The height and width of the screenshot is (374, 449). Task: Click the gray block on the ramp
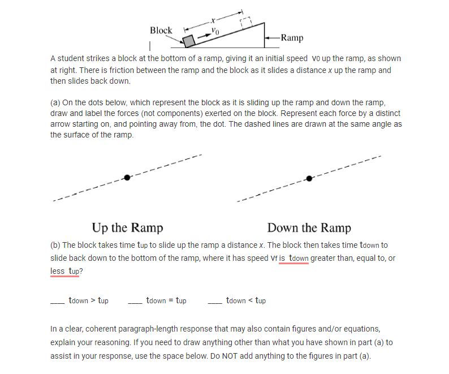(x=188, y=41)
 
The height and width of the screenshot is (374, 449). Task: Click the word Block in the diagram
(x=161, y=30)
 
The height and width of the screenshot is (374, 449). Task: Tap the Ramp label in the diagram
(x=292, y=38)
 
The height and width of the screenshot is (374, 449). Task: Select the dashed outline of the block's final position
(x=245, y=22)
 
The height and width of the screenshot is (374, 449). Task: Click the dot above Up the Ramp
(x=127, y=178)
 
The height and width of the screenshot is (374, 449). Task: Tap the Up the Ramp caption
(x=127, y=227)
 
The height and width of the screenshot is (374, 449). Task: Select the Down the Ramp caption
(x=309, y=227)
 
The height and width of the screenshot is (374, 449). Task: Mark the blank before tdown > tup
(x=57, y=301)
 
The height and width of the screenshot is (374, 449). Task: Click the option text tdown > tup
(x=88, y=300)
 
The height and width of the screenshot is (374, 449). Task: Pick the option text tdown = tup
(x=166, y=300)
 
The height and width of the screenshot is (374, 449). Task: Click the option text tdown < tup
(x=245, y=300)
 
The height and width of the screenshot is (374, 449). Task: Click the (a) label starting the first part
(x=55, y=102)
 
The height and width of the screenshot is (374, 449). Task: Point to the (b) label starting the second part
(x=55, y=245)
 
